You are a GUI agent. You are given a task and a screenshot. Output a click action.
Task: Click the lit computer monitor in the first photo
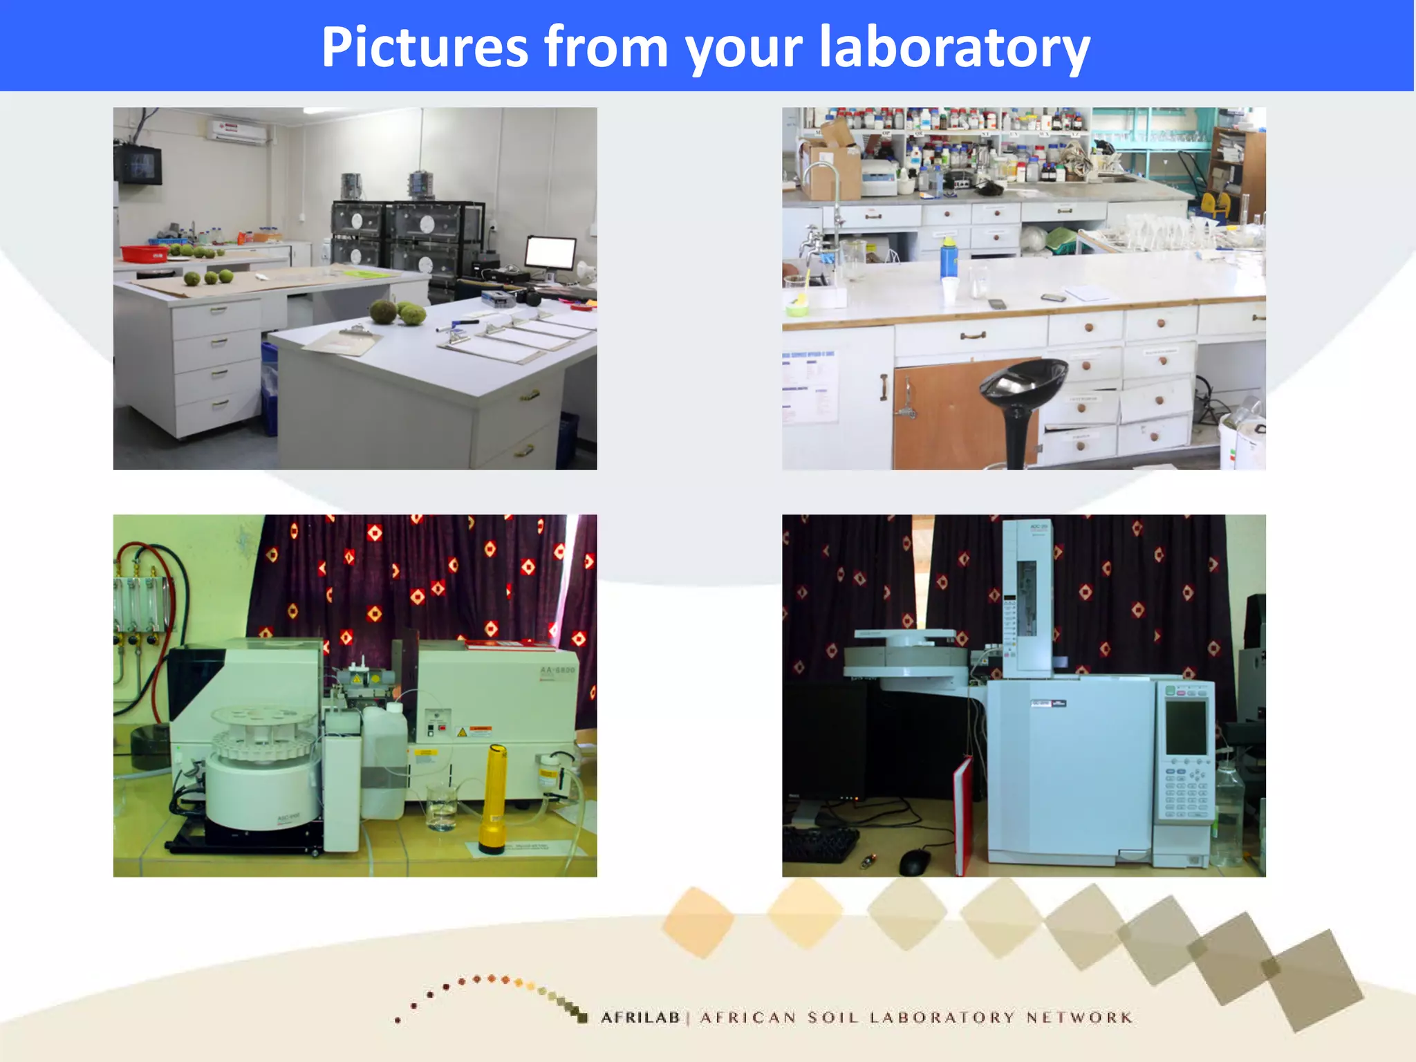pos(550,253)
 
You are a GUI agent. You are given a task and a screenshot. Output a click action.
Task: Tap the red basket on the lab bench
pos(145,253)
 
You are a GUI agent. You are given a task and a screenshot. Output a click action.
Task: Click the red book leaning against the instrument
pos(962,816)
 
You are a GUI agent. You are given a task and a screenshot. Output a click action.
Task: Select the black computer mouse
pos(914,861)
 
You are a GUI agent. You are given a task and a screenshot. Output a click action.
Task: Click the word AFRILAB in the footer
pos(640,1017)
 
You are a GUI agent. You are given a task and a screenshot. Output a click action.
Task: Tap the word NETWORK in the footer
pos(1079,1017)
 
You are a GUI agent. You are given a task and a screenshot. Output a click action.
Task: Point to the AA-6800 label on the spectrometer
pos(557,671)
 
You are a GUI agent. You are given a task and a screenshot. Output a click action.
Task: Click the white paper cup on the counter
pos(951,290)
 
